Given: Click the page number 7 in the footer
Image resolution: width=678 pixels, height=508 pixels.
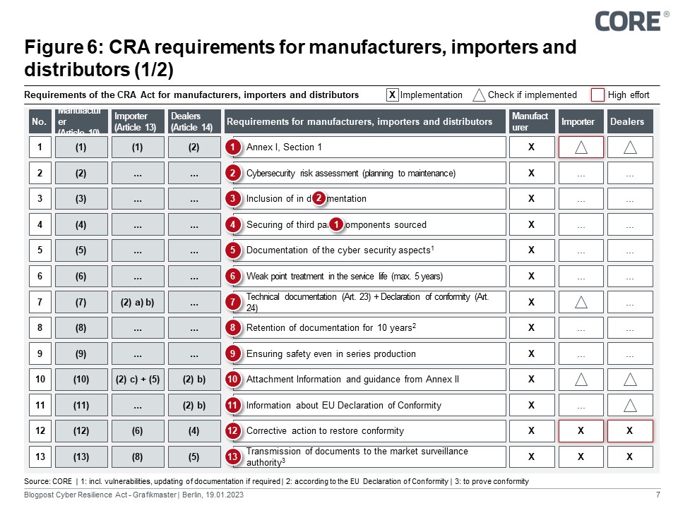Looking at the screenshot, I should click(x=658, y=496).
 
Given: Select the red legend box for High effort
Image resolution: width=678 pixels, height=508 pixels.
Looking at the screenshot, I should click(x=597, y=95).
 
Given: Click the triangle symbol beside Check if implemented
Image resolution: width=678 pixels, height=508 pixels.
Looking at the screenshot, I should click(x=479, y=95).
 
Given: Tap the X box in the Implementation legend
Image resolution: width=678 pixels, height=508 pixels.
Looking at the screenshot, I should click(x=393, y=95).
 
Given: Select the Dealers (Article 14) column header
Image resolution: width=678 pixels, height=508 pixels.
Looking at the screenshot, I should click(x=194, y=121).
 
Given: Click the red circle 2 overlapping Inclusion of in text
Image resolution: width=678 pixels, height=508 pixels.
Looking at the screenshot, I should click(x=319, y=198).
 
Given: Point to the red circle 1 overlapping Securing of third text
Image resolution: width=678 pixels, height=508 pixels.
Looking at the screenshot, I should click(x=337, y=224).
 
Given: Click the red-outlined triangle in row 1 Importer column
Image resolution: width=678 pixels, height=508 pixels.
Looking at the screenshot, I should click(x=581, y=147).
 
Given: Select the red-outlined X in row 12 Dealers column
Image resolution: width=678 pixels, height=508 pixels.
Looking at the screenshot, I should click(x=630, y=431).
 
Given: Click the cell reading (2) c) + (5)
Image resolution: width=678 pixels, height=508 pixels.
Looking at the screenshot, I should click(x=137, y=380).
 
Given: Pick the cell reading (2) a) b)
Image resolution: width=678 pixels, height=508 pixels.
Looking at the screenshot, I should click(x=137, y=302).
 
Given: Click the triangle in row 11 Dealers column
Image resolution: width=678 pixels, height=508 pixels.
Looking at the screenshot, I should click(x=630, y=405).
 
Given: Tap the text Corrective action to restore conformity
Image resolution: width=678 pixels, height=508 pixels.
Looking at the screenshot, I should click(x=325, y=431).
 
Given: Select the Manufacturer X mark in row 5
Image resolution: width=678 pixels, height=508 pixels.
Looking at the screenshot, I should click(x=531, y=250).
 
